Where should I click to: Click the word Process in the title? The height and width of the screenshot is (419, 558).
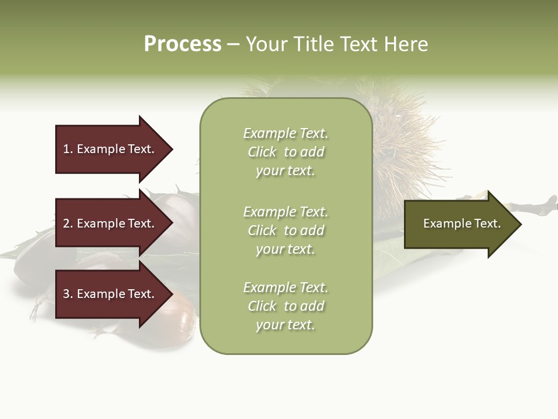tap(183, 44)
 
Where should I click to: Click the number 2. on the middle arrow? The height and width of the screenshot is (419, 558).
tap(67, 223)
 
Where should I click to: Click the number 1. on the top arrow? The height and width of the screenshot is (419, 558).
tap(67, 149)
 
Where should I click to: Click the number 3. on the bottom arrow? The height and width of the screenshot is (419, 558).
tap(67, 294)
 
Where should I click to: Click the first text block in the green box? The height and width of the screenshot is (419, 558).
tap(285, 152)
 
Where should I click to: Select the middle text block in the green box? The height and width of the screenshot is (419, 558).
tap(285, 230)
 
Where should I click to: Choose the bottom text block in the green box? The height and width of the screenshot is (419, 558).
tap(285, 306)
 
